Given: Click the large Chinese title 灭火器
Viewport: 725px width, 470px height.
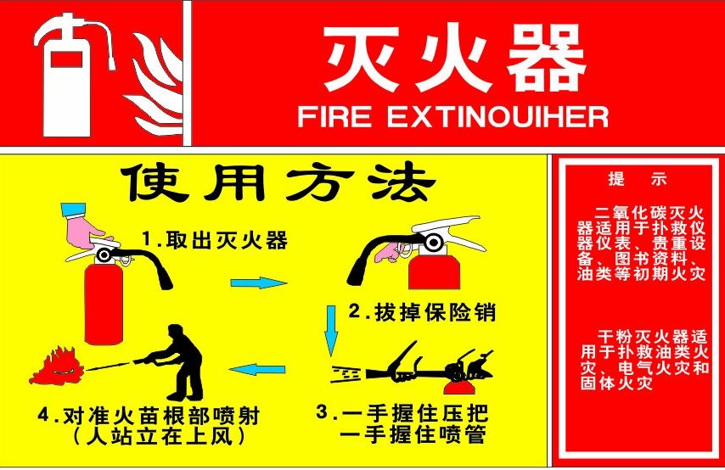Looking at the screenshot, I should [453, 60].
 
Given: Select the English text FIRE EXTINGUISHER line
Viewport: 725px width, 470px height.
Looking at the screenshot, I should [453, 117].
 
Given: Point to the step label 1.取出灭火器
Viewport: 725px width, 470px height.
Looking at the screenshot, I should [214, 240].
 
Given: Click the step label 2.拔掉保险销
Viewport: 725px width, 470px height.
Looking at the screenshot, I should [421, 312].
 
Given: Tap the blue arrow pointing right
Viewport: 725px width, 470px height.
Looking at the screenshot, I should [259, 283].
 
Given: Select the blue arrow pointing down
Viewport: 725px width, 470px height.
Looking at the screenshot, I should [331, 331].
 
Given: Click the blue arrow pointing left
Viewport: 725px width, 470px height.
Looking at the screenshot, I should [258, 369].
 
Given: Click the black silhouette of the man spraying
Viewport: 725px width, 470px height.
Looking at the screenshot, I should [181, 360].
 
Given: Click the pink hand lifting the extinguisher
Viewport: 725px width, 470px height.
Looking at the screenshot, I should [85, 227].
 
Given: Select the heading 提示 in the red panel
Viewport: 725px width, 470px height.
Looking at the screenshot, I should [638, 180].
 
